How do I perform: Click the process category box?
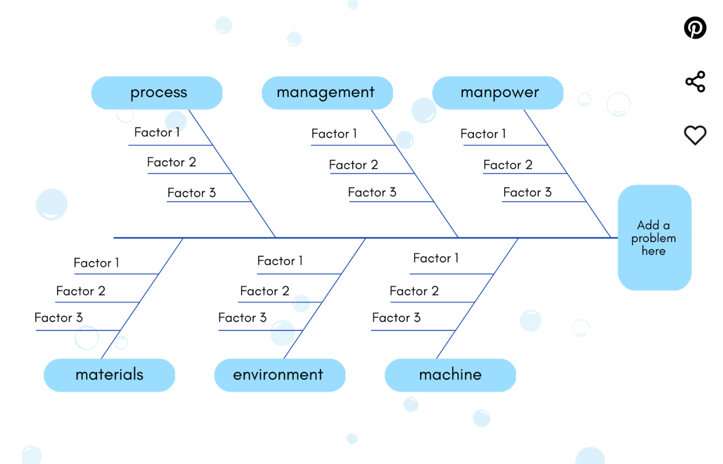[x=157, y=93]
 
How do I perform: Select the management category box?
[x=327, y=93]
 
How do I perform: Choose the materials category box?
[x=109, y=375]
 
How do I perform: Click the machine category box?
[x=450, y=375]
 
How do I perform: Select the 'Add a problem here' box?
[x=654, y=237]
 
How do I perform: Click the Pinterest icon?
[x=695, y=28]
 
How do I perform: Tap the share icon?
[x=695, y=81]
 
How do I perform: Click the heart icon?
[x=695, y=135]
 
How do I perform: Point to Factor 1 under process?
[x=157, y=132]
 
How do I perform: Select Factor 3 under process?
[x=191, y=193]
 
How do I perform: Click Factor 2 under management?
[x=353, y=165]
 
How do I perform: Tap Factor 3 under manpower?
[x=527, y=192]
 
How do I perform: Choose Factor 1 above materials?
[x=96, y=263]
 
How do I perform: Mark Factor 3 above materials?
[x=58, y=317]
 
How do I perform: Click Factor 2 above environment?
[x=265, y=291]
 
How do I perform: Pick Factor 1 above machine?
[x=435, y=258]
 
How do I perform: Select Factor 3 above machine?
[x=396, y=317]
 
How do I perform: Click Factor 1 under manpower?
[x=483, y=134]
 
